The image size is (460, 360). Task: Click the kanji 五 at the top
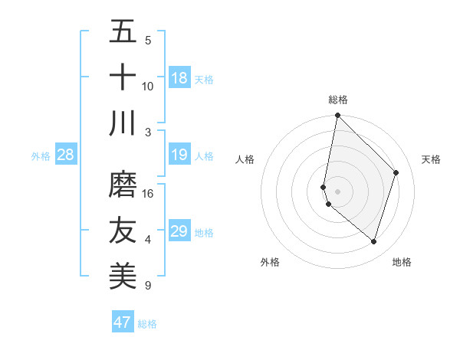click(123, 32)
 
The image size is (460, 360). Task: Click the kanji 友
click(123, 231)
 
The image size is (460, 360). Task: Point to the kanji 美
click(123, 277)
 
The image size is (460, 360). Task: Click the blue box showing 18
click(179, 78)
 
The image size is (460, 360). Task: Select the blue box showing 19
click(179, 155)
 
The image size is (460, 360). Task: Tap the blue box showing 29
click(179, 231)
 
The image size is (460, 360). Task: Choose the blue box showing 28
click(66, 155)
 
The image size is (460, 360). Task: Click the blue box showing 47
click(122, 322)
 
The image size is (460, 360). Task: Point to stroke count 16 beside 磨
click(148, 194)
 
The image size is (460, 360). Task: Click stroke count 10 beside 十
click(148, 86)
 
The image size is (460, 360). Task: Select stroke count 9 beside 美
click(147, 286)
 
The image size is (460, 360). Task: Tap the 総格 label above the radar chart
click(338, 100)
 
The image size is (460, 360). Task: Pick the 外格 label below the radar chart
click(270, 262)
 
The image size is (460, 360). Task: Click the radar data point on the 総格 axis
click(337, 116)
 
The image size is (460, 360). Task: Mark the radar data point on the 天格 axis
click(396, 172)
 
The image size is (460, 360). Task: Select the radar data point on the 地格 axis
click(373, 241)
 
